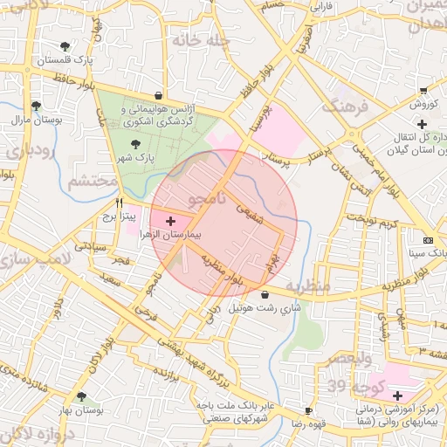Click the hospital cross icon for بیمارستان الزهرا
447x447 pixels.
pos(169,222)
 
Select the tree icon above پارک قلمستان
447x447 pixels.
pos(65,46)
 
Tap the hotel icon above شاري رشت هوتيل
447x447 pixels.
pos(265,295)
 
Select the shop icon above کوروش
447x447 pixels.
pos(423,90)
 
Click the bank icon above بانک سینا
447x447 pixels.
pos(427,240)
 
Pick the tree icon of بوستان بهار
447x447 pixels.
pos(81,396)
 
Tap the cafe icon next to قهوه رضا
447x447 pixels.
pos(308,410)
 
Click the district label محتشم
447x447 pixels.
pos(92,181)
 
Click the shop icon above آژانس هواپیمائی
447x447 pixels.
pos(157,96)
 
